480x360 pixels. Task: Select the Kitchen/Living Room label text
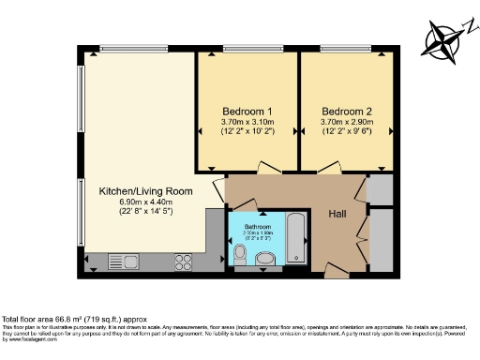coord(146,191)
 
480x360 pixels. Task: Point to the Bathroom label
coord(258,227)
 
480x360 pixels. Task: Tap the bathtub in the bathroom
coord(296,237)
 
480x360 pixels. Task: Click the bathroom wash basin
coord(265,258)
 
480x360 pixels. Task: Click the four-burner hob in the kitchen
coord(185,262)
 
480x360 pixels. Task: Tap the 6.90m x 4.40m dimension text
coord(146,203)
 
